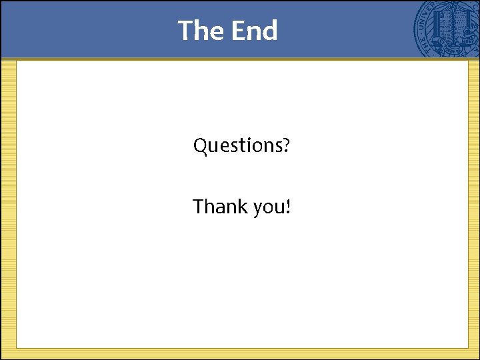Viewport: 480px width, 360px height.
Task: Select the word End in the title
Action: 254,31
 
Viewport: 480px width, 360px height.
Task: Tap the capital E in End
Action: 238,31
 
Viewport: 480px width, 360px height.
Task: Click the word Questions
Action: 237,145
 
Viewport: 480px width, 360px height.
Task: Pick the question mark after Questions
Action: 285,145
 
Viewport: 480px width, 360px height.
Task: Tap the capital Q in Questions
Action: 200,145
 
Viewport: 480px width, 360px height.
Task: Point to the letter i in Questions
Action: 253,145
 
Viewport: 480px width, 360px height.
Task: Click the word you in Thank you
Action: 268,209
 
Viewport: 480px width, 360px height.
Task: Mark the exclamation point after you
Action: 287,207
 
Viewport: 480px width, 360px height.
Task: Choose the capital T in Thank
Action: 198,207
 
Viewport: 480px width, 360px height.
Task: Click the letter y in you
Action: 259,209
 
